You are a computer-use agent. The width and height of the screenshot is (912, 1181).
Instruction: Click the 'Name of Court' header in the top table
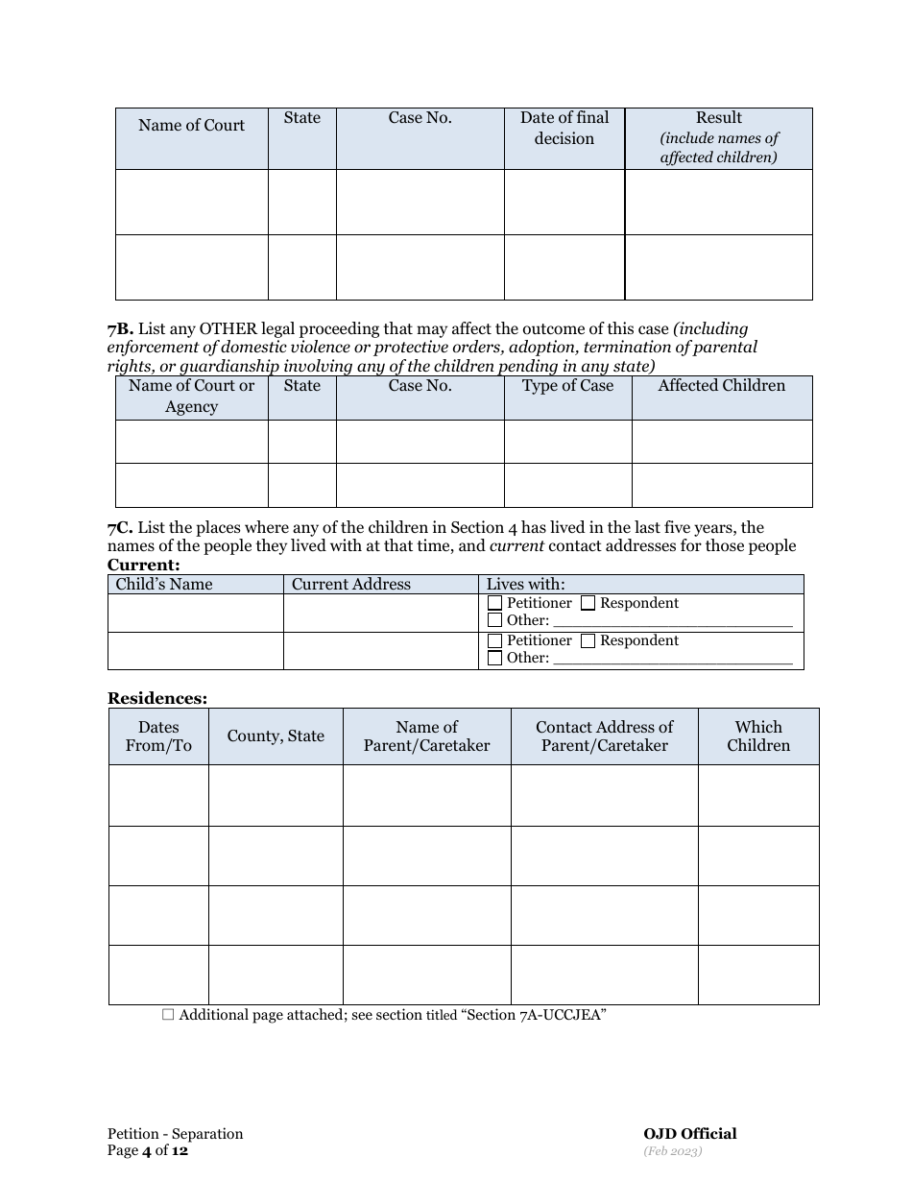pyautogui.click(x=191, y=126)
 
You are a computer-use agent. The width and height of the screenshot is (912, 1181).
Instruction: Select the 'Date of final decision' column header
pyautogui.click(x=564, y=128)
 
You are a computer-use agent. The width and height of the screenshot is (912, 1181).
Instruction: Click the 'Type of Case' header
pyautogui.click(x=567, y=386)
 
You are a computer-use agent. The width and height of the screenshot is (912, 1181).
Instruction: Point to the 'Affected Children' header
pyautogui.click(x=721, y=386)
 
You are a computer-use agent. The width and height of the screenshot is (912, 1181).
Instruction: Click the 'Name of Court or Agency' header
pyautogui.click(x=191, y=396)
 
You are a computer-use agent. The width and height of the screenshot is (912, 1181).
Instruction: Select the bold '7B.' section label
pyautogui.click(x=120, y=329)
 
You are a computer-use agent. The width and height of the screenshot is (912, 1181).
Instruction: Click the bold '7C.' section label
pyautogui.click(x=120, y=528)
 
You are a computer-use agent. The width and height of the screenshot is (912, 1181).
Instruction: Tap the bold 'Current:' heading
pyautogui.click(x=143, y=565)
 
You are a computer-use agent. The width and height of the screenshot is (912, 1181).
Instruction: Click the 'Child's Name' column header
pyautogui.click(x=164, y=584)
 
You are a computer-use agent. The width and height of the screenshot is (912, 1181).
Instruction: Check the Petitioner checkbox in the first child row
pyautogui.click(x=495, y=603)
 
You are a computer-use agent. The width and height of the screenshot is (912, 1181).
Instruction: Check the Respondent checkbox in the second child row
pyautogui.click(x=588, y=640)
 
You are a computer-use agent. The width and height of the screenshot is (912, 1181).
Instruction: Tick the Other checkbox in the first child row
pyautogui.click(x=495, y=620)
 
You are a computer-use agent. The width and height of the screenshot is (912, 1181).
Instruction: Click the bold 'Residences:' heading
pyautogui.click(x=156, y=699)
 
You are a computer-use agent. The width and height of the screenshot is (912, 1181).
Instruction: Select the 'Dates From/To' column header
pyautogui.click(x=158, y=736)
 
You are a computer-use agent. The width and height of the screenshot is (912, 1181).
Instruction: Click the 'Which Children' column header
pyautogui.click(x=758, y=736)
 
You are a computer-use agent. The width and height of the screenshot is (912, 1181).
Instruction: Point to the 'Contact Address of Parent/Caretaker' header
pyautogui.click(x=604, y=736)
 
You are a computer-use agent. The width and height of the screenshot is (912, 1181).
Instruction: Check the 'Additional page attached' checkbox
pyautogui.click(x=168, y=1014)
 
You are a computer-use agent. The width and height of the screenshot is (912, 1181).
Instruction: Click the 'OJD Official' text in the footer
pyautogui.click(x=690, y=1134)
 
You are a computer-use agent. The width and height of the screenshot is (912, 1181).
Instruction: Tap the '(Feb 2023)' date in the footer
pyautogui.click(x=673, y=1150)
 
